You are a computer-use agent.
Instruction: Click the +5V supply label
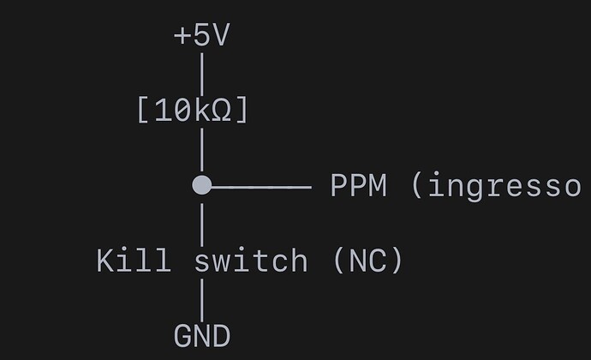click(201, 36)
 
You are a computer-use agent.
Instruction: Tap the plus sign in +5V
click(182, 37)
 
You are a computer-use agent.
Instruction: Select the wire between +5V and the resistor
click(202, 70)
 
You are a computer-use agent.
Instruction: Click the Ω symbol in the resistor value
click(221, 111)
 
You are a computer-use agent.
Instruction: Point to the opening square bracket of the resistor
click(142, 111)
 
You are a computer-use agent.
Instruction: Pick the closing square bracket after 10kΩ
click(242, 111)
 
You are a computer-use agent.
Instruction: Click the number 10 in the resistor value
click(171, 111)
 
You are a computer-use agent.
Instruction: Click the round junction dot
click(201, 185)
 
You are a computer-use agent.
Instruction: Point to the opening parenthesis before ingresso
click(418, 185)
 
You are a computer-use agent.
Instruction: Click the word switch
click(251, 260)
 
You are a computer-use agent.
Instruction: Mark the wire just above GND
click(202, 297)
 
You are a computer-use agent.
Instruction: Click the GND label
click(202, 335)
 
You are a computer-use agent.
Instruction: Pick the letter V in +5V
click(222, 36)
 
